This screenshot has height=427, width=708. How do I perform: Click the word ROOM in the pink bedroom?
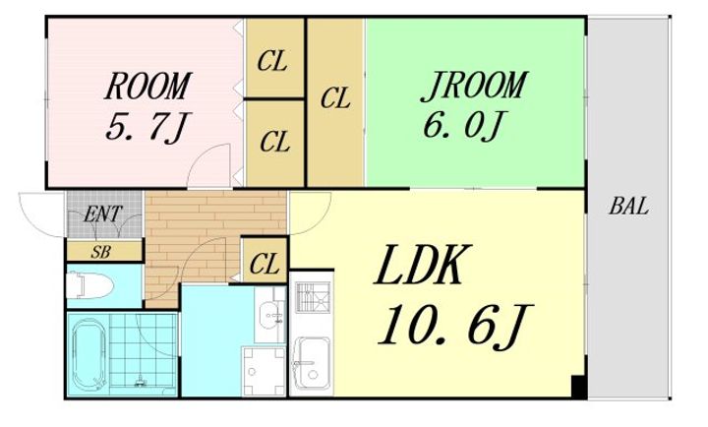(x=148, y=86)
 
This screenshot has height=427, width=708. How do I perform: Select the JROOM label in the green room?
(x=474, y=86)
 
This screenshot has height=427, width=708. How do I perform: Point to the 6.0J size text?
(x=463, y=125)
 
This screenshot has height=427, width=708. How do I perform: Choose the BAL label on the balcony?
(x=628, y=207)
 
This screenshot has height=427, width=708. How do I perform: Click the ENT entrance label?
(x=103, y=213)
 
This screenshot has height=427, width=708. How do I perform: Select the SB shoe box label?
(x=100, y=252)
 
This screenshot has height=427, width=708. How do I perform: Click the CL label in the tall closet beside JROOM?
(x=335, y=98)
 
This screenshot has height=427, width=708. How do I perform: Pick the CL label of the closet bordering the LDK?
(x=265, y=264)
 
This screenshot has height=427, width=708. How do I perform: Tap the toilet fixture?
(x=88, y=285)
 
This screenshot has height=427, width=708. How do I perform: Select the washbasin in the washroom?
(x=270, y=314)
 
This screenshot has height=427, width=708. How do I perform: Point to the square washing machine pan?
(x=265, y=371)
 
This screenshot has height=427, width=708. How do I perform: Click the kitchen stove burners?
(x=314, y=297)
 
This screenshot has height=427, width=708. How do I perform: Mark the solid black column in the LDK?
(x=578, y=387)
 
